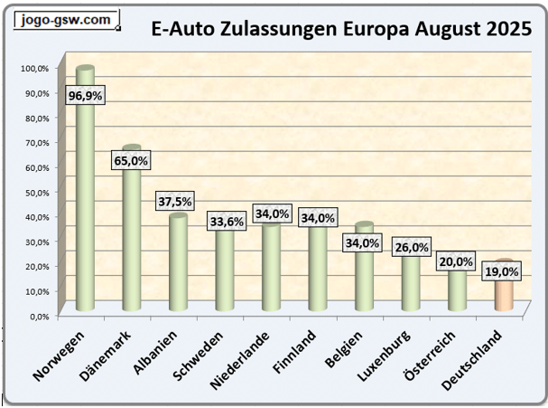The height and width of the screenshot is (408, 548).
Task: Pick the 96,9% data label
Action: point(84,93)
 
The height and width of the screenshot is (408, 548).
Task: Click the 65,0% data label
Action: point(132,160)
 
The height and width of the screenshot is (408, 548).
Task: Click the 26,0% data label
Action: point(411,247)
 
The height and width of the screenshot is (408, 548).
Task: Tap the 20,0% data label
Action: point(457,261)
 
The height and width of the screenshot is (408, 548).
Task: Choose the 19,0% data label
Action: point(504,270)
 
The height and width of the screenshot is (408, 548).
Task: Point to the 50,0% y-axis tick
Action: point(38,192)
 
